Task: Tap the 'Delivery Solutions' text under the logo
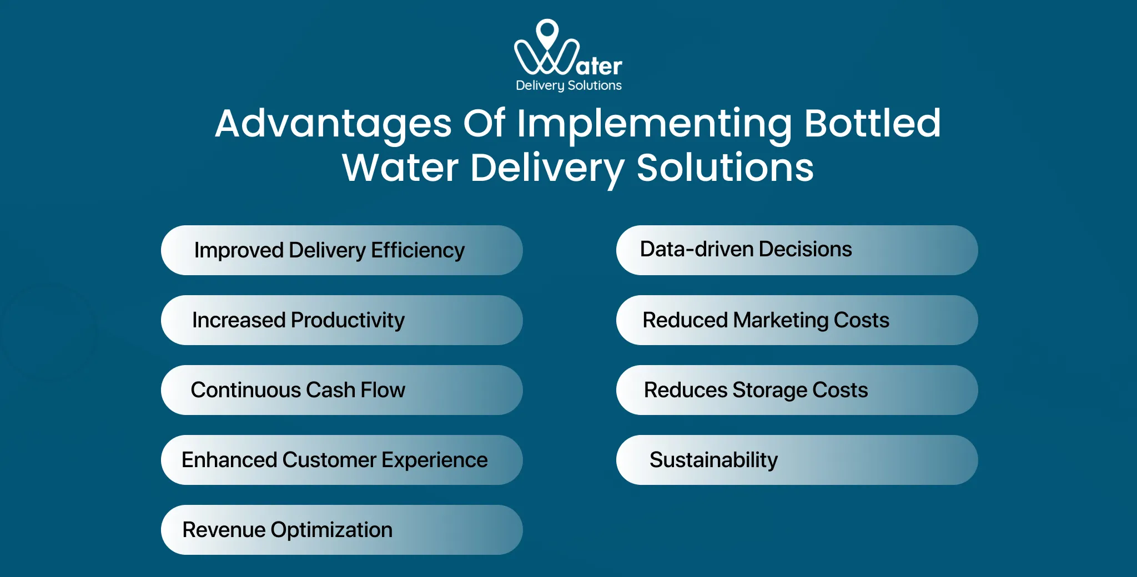[568, 85]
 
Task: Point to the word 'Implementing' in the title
[655, 124]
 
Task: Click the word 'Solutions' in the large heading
[725, 168]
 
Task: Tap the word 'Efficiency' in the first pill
[417, 251]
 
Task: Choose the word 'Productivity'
[348, 321]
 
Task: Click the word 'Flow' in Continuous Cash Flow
[383, 390]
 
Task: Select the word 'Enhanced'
[229, 460]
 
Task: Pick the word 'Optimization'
[331, 530]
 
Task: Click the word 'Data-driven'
[697, 250]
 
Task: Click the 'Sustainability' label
[713, 460]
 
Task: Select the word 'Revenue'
[224, 530]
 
